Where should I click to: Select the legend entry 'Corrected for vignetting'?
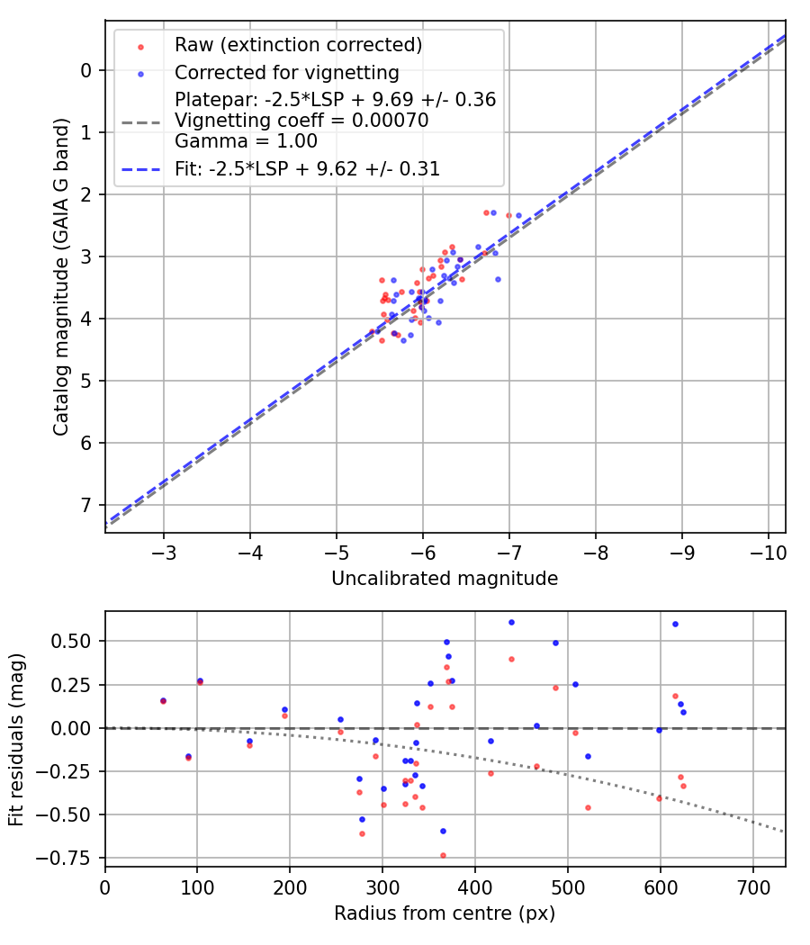[286, 72]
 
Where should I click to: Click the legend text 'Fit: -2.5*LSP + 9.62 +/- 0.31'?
[307, 168]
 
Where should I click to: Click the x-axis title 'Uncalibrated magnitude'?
[445, 579]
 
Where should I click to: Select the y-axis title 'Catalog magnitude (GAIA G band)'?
[60, 275]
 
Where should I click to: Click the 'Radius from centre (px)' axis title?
[445, 913]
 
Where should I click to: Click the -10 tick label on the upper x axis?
[768, 551]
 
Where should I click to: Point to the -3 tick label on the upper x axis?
[164, 551]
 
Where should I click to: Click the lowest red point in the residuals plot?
[443, 855]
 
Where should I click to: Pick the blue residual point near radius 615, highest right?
[675, 624]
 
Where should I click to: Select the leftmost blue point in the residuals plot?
[163, 700]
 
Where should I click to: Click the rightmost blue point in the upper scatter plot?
[518, 216]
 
